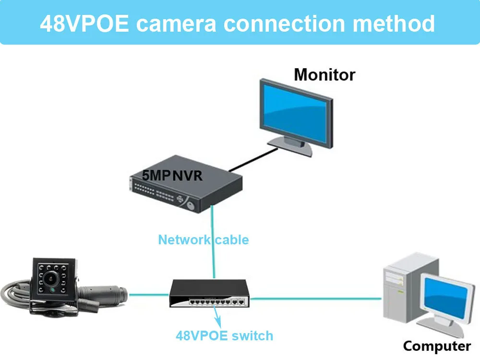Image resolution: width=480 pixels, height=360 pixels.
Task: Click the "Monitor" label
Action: coord(324,75)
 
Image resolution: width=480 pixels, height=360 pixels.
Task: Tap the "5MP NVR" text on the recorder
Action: coord(172,176)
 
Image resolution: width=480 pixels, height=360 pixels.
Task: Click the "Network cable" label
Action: coord(204,240)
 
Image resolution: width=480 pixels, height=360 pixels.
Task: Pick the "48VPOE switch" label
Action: coord(224,336)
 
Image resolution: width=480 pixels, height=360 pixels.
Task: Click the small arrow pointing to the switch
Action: coord(217,316)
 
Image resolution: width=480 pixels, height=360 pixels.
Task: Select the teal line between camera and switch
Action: coord(149,294)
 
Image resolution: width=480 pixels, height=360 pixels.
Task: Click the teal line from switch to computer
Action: coord(317,299)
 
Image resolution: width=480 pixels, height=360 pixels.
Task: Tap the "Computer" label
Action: coord(437,346)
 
